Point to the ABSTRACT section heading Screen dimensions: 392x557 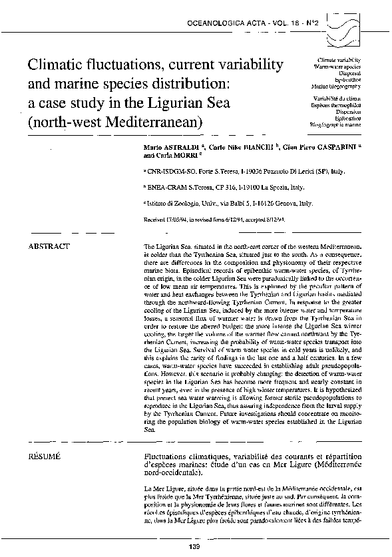click(x=48, y=246)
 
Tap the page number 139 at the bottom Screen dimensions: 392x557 click(x=195, y=546)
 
